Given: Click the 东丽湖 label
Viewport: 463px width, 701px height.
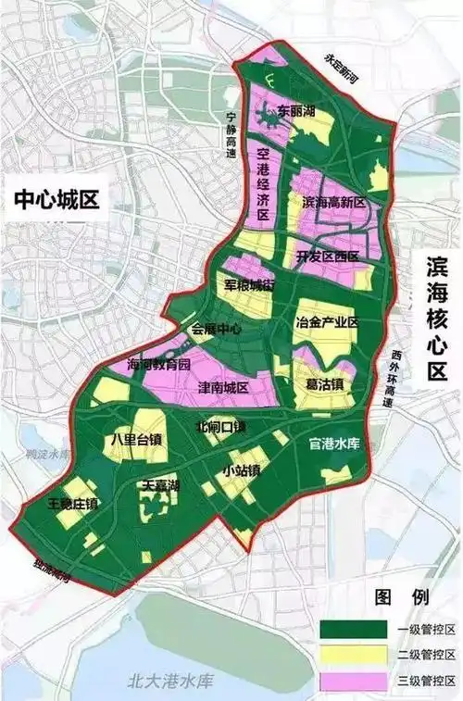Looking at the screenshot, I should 296,111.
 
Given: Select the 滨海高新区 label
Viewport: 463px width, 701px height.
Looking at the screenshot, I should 334,202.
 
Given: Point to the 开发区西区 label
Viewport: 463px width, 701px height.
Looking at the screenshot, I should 327,257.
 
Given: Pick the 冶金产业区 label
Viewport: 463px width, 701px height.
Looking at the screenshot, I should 326,322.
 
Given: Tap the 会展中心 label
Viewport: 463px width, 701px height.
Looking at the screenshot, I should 216,329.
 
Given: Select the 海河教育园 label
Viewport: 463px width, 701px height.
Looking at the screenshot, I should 158,364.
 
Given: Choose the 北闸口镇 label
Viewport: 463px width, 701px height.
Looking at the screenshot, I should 220,427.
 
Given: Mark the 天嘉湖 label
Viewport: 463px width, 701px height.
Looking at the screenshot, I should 160,485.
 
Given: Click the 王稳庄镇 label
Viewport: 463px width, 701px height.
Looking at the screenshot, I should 72,504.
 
